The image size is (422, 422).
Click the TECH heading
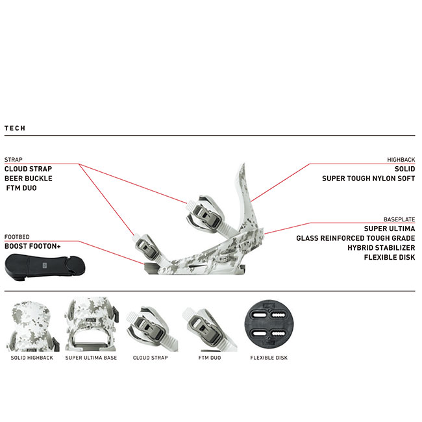(15, 128)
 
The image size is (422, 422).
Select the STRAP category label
(13, 160)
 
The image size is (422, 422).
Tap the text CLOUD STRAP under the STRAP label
(29, 169)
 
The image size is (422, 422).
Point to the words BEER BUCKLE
(29, 179)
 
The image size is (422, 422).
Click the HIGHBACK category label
(401, 160)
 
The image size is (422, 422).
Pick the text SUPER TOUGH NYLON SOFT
(369, 179)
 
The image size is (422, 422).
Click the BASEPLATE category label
(399, 219)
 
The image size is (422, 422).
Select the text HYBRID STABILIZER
(381, 248)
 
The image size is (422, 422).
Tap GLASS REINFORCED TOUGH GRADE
(356, 238)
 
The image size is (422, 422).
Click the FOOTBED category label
(17, 237)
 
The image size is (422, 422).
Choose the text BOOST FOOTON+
(32, 246)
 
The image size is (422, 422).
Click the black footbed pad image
(45, 267)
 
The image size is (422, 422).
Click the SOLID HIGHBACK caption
(32, 358)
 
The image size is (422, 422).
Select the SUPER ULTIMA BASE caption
(91, 358)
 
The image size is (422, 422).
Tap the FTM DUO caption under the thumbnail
(210, 358)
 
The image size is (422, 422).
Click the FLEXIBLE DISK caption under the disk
(269, 358)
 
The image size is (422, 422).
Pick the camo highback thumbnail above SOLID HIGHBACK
(32, 327)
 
